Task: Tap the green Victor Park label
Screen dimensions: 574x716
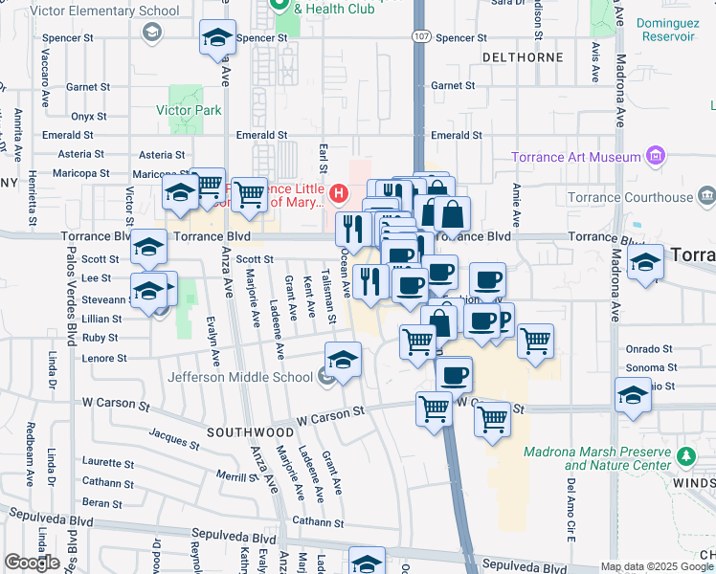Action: pos(190,110)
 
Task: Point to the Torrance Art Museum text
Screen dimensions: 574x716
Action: pos(575,157)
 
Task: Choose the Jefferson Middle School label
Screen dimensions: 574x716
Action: pos(240,377)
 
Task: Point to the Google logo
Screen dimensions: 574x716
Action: pos(33,563)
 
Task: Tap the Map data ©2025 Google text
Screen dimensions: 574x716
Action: pos(656,566)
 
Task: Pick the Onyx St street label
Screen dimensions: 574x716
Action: pos(88,117)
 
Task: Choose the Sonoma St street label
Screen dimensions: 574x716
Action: pos(651,367)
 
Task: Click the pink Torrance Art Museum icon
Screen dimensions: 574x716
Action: pos(656,155)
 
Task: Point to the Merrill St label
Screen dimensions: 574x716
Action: pos(233,475)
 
